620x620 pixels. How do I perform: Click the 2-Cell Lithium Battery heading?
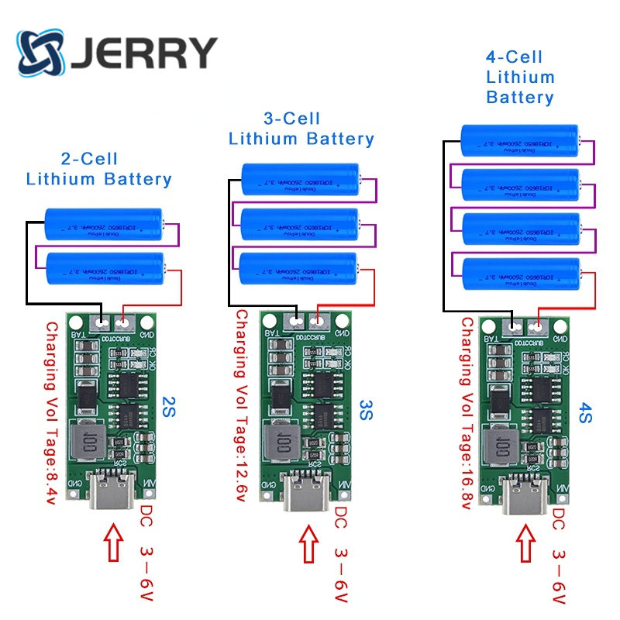[x=98, y=169]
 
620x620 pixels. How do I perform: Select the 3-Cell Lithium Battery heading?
[x=301, y=129]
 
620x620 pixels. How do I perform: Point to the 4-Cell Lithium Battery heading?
[x=519, y=77]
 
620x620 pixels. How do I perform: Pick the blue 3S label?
[x=367, y=408]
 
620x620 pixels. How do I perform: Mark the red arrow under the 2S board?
[x=113, y=543]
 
